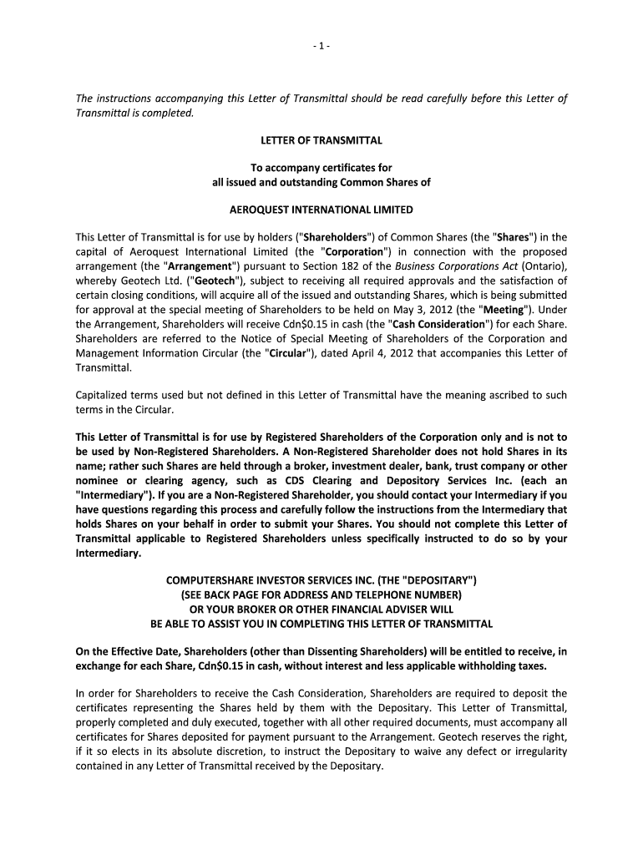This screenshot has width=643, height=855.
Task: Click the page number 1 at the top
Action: click(321, 44)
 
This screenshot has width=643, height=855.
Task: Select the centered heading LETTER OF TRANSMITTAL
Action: click(321, 140)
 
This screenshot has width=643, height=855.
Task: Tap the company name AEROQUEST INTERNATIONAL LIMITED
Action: click(321, 210)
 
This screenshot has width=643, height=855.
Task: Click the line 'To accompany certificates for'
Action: click(321, 168)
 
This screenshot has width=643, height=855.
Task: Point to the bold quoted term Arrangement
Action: click(170, 266)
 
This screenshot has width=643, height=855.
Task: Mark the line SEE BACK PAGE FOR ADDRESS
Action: click(321, 595)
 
